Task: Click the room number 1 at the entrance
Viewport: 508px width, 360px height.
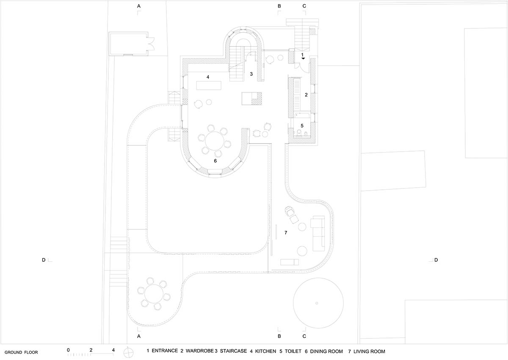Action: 302,55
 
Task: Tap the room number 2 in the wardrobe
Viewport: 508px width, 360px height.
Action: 306,95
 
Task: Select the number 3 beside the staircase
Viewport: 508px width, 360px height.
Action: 251,74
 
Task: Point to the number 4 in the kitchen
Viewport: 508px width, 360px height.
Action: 208,77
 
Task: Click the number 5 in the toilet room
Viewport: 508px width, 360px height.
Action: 302,126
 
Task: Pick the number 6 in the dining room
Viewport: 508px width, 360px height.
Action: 215,161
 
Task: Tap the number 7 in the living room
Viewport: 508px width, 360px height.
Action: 286,233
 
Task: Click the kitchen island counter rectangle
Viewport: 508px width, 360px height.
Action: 209,86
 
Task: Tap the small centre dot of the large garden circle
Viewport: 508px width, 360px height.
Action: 317,303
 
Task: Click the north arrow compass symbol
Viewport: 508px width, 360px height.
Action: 128,353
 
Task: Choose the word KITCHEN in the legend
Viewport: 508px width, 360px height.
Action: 265,352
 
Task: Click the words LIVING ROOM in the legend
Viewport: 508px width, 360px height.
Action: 369,352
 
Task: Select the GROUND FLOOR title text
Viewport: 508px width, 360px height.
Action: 21,352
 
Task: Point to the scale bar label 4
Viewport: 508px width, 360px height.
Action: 113,350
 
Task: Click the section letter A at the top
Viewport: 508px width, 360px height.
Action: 139,6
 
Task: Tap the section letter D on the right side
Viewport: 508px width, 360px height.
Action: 436,260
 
